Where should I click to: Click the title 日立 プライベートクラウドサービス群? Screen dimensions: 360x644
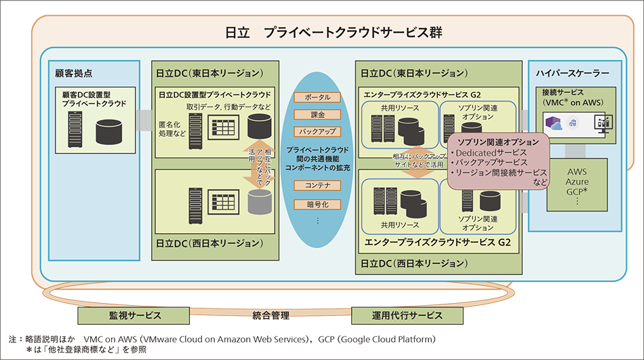pyautogui.click(x=334, y=33)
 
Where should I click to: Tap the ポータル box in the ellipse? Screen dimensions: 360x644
pyautogui.click(x=317, y=98)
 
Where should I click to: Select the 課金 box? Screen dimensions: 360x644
pyautogui.click(x=317, y=115)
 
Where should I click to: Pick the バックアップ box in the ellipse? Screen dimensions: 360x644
pyautogui.click(x=317, y=132)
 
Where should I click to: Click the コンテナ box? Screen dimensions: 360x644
pyautogui.click(x=317, y=185)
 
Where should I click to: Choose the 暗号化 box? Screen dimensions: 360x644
pyautogui.click(x=317, y=203)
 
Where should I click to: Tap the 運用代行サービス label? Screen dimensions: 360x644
pyautogui.click(x=407, y=316)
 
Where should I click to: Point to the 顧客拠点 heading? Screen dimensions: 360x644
pyautogui.click(x=73, y=73)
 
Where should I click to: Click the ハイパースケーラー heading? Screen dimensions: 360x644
pyautogui.click(x=572, y=73)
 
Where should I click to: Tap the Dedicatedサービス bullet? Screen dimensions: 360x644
pyautogui.click(x=494, y=153)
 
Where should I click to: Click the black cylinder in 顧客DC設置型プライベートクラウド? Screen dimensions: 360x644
pyautogui.click(x=111, y=131)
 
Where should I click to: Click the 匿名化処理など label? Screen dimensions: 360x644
pyautogui.click(x=172, y=129)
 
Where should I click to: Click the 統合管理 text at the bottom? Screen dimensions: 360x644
pyautogui.click(x=271, y=315)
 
